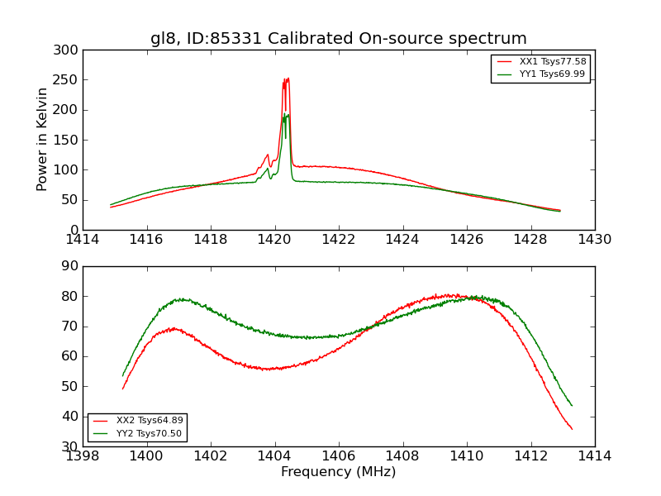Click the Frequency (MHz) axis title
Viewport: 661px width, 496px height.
[x=339, y=472]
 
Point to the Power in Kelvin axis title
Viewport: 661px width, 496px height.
[x=42, y=140]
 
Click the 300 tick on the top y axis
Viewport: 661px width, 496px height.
[x=69, y=50]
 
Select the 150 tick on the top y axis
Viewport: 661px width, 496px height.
[x=69, y=141]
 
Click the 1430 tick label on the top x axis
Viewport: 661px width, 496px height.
[x=595, y=240]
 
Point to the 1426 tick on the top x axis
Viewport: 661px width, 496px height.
[x=467, y=240]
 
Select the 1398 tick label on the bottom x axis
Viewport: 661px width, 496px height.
[x=83, y=455]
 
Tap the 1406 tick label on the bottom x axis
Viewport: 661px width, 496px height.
[x=339, y=455]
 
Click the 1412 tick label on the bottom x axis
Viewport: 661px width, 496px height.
[x=530, y=455]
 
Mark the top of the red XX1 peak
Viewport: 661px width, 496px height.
[x=287, y=79]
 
